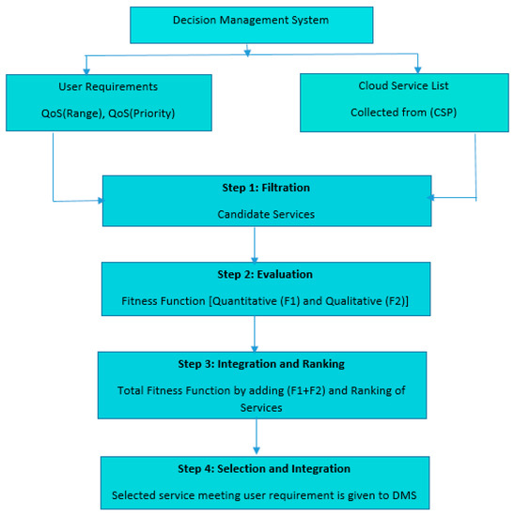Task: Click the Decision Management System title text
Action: coord(252,20)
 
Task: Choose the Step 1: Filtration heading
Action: coord(266,188)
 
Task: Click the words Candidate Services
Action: coord(266,215)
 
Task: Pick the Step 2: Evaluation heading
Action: coord(266,275)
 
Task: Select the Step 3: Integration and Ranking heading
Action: coord(262,363)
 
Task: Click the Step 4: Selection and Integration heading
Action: coord(266,468)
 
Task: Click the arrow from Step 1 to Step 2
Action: coord(255,244)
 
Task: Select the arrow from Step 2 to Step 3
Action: coord(255,333)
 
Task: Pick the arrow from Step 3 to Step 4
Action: coord(257,436)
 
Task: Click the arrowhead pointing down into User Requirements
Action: coord(86,68)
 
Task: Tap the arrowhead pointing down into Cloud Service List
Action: coord(417,68)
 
